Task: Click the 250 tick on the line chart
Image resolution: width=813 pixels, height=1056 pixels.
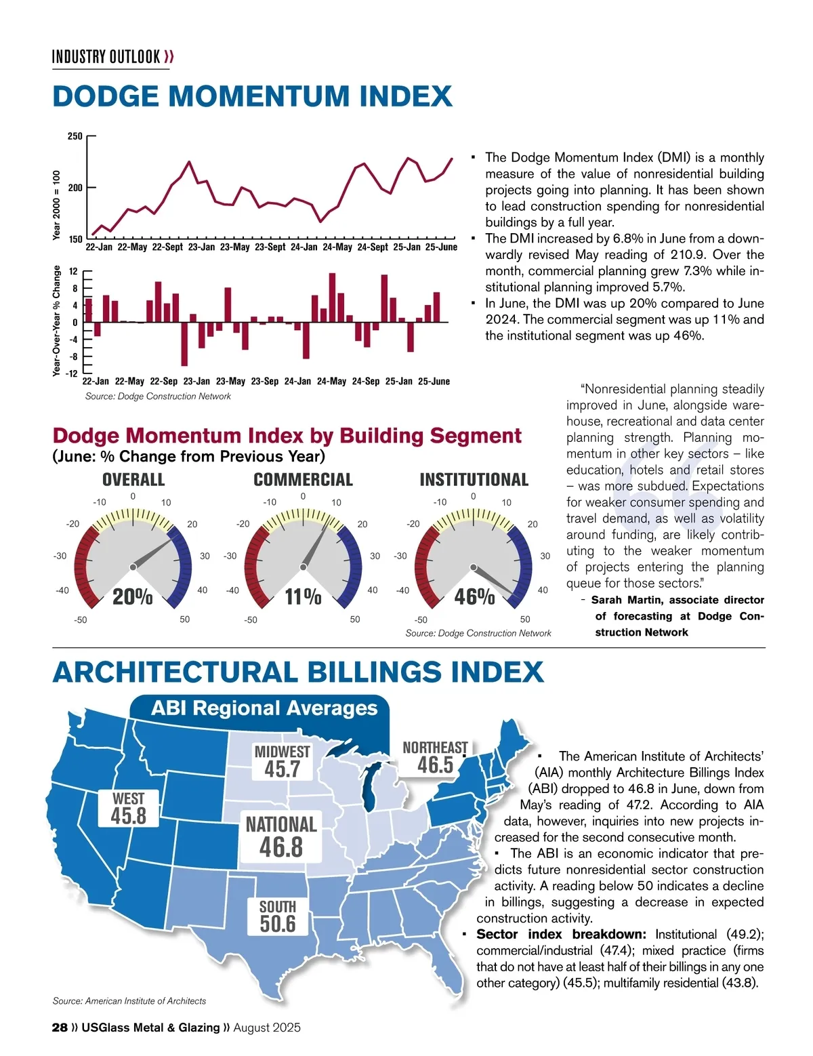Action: [75, 136]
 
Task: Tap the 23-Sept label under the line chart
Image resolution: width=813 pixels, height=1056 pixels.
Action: [270, 247]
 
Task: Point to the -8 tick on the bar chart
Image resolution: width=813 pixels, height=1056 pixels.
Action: [75, 357]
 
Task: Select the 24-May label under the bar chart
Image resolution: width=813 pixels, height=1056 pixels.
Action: [331, 382]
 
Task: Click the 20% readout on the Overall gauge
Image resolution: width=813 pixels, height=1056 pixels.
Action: [132, 597]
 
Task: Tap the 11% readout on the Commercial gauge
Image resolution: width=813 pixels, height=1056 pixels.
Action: [303, 597]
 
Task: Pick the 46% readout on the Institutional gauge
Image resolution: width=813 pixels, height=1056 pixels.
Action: [474, 597]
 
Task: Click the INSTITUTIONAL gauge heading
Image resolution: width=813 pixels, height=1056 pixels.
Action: [474, 480]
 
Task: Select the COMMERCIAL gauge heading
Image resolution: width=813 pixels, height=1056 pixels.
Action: [303, 480]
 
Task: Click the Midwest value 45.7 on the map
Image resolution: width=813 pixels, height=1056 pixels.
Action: [282, 769]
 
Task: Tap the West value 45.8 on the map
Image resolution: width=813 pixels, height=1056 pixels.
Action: [128, 815]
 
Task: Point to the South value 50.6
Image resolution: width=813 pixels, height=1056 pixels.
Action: [278, 923]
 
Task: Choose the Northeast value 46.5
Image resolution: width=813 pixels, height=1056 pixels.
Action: [435, 765]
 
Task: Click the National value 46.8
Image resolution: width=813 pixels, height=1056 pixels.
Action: [281, 847]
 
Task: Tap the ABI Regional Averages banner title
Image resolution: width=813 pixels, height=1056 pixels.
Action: [264, 708]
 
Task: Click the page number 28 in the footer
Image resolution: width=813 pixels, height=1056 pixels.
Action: [60, 1028]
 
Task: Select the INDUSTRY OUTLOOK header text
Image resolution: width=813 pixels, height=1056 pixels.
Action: [106, 56]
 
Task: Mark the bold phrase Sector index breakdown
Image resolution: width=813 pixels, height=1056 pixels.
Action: [561, 935]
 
